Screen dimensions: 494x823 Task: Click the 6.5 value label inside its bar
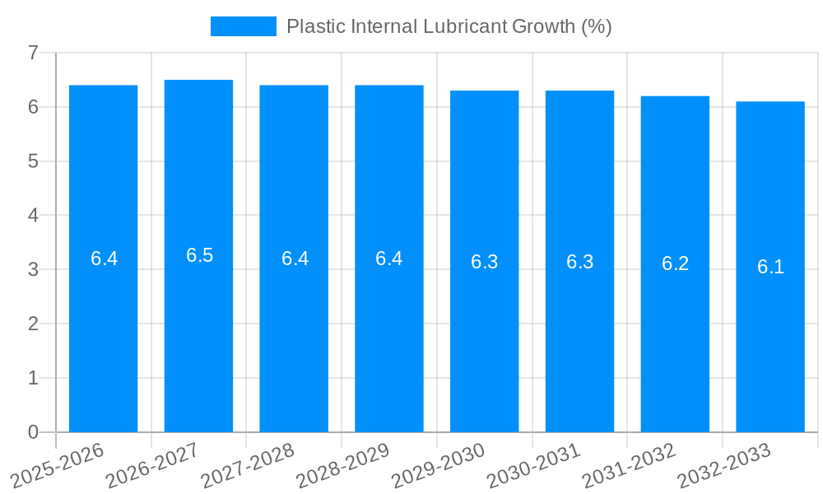199,255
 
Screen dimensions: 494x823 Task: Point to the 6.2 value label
675,263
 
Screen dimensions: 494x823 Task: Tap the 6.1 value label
770,267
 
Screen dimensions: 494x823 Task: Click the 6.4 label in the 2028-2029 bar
388,259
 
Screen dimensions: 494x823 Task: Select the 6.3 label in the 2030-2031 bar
579,262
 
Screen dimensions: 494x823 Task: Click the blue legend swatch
243,26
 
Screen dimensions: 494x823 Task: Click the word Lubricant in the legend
465,26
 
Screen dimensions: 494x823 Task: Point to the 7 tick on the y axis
33,53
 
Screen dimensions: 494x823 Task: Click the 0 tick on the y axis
33,432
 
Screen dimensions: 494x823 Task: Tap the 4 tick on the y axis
33,216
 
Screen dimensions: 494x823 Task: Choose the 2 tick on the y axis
33,324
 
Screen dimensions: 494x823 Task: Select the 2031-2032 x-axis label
630,465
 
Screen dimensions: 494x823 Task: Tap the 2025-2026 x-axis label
58,465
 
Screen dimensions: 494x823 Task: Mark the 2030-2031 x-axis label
534,465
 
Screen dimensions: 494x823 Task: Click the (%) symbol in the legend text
596,26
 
